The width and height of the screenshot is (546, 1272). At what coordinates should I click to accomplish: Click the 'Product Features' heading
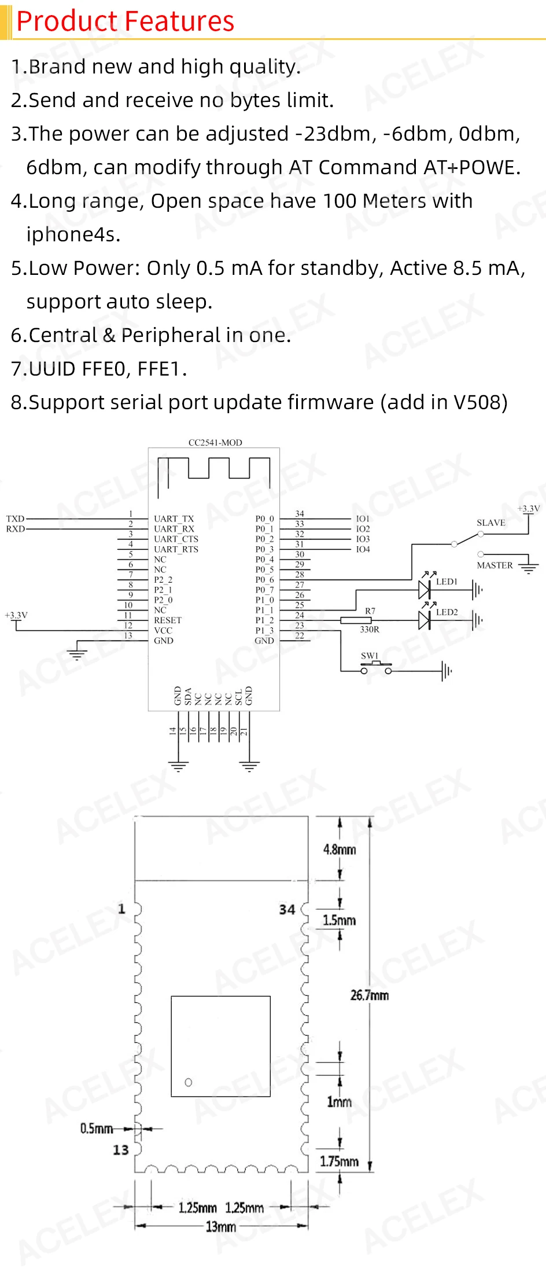(x=125, y=21)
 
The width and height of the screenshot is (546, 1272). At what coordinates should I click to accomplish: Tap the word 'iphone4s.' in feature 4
(x=73, y=234)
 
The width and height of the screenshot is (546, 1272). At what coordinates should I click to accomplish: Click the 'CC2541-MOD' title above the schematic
(x=215, y=443)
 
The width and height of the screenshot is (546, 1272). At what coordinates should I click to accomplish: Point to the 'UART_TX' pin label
(x=174, y=519)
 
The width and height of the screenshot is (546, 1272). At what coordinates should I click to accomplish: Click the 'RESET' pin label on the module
(x=167, y=620)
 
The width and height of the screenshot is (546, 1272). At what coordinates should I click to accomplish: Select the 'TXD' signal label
(x=15, y=519)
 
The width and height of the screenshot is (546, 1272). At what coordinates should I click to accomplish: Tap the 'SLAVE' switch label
(x=490, y=523)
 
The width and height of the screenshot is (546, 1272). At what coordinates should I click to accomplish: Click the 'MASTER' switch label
(x=495, y=565)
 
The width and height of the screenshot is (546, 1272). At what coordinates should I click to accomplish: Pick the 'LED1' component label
(x=447, y=582)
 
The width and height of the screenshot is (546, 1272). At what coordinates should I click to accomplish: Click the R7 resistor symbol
(x=356, y=620)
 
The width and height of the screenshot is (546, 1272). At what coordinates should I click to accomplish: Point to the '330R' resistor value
(x=370, y=630)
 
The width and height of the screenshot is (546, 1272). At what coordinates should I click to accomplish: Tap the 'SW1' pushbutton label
(x=370, y=656)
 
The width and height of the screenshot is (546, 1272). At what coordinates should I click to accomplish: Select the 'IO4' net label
(x=363, y=549)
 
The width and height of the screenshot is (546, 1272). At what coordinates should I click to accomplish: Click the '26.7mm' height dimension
(x=370, y=995)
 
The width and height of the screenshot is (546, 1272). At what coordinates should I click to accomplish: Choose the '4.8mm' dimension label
(x=340, y=850)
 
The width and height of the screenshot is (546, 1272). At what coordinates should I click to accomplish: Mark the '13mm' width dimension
(x=221, y=1226)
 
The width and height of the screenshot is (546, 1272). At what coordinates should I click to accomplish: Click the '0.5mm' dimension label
(x=97, y=1128)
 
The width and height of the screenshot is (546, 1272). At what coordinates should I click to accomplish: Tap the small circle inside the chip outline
(x=188, y=1082)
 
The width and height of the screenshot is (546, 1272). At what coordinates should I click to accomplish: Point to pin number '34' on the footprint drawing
(x=287, y=910)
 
